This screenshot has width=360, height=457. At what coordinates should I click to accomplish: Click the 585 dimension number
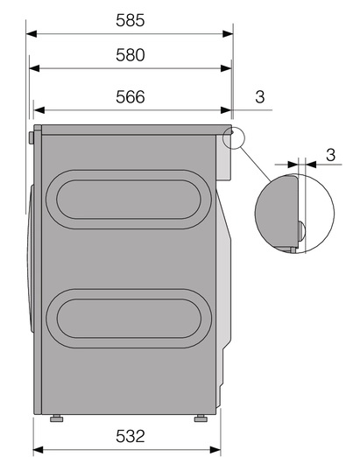[x=130, y=20]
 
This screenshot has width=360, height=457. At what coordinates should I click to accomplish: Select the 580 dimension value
[x=130, y=55]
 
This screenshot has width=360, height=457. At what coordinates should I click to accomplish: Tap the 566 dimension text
[x=130, y=96]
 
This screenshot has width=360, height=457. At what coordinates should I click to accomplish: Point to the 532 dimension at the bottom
[x=130, y=436]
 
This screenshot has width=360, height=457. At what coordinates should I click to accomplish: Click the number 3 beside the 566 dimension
[x=260, y=96]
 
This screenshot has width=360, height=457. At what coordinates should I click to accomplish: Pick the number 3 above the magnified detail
[x=330, y=154]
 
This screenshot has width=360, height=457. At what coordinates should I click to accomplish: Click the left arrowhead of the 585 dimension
[x=32, y=33]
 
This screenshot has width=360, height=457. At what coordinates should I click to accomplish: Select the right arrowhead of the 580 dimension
[x=226, y=68]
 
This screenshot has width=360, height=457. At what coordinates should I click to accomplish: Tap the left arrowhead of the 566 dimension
[x=39, y=110]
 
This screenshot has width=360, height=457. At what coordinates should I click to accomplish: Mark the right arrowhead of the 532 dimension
[x=215, y=450]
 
